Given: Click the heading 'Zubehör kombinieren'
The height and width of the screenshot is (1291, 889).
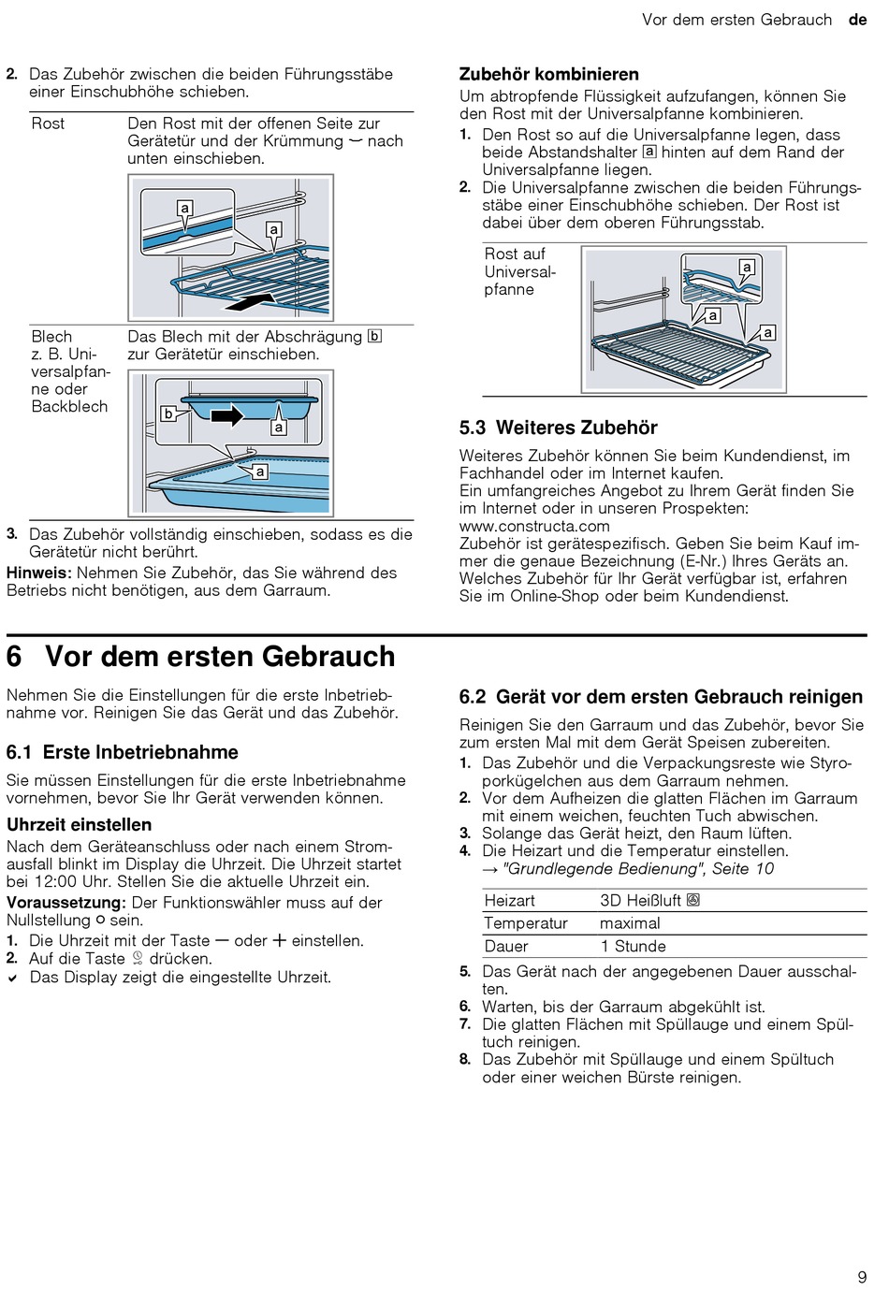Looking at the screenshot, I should point(548,75).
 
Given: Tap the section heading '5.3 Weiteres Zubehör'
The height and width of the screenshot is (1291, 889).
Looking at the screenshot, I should point(558,428).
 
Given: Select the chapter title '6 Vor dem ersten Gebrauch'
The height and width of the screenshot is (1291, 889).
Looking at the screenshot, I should point(201,657).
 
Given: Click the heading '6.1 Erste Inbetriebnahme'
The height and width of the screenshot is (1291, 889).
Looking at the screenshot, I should point(123,753).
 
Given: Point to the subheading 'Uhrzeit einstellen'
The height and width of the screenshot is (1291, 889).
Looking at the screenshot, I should point(79,825).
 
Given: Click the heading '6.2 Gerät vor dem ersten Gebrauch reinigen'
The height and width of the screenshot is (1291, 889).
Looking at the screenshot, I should point(661,697).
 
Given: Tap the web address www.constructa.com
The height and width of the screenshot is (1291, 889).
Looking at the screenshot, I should point(534,526).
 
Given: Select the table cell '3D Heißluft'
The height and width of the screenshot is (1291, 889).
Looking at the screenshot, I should point(649,901).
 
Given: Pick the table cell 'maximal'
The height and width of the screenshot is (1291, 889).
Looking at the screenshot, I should point(630,923).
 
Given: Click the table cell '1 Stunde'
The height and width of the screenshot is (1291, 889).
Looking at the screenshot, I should point(633,947).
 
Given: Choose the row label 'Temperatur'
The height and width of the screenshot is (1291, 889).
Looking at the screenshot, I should point(526,923).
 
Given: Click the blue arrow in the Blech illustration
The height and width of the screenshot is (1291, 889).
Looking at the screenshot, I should point(226,414).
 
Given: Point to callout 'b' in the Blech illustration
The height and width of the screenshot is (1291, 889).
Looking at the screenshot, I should point(168,413).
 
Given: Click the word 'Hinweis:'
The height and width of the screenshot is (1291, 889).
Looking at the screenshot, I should point(39,573).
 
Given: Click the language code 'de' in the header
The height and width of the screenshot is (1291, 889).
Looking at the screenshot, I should point(857,20).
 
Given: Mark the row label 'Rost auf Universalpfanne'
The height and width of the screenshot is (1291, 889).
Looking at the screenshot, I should point(519,271).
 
